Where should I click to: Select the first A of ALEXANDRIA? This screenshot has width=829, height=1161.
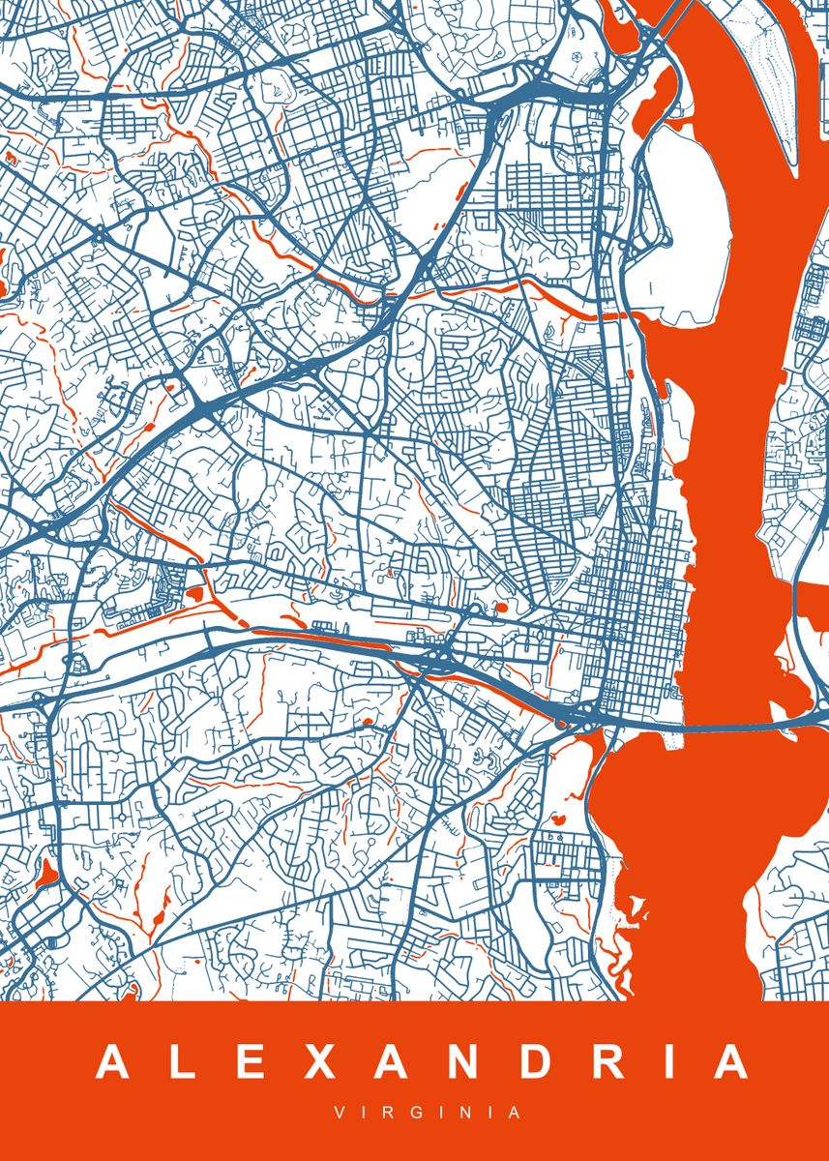[112, 1062]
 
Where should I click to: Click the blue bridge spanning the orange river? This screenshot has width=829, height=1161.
[735, 724]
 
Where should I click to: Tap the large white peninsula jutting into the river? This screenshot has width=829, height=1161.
[682, 227]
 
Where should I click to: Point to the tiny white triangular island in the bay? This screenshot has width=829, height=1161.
[637, 906]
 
